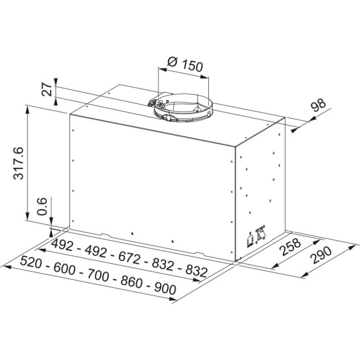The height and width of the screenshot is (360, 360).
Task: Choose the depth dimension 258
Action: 288,247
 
